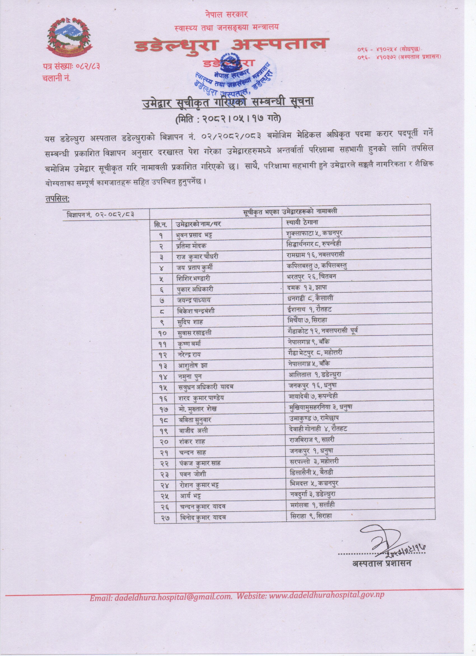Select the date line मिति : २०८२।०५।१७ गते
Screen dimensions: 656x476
[228, 118]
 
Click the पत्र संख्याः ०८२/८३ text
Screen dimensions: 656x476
[71, 67]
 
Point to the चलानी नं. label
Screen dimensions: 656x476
[56, 78]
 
